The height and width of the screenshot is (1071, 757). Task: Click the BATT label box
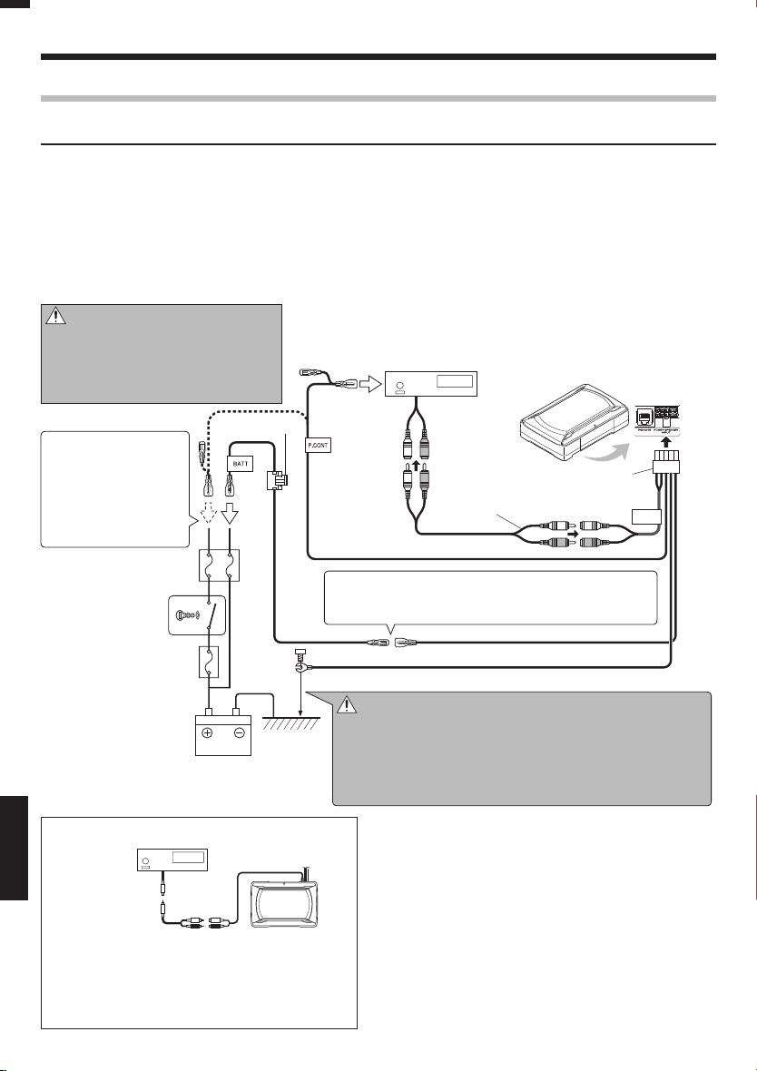(x=240, y=462)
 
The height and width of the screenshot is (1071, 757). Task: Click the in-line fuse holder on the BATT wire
(x=275, y=480)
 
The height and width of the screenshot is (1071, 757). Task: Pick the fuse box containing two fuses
(x=219, y=565)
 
